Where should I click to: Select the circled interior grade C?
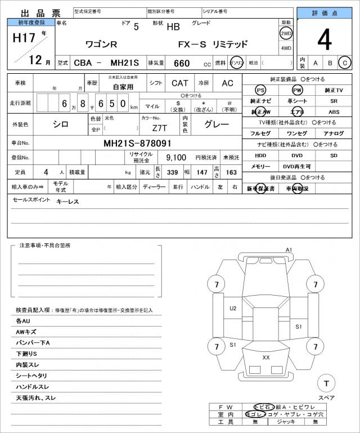point(344,63)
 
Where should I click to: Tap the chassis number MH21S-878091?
point(138,144)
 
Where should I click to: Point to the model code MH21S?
point(125,63)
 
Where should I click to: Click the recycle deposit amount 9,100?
point(177,158)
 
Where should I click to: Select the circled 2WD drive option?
point(286,33)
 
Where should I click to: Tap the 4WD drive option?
point(286,48)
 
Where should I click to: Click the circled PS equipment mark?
point(260,90)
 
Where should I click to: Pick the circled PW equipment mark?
point(297,90)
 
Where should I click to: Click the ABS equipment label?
point(334,112)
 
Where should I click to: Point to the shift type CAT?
point(180,83)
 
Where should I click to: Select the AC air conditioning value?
point(227,83)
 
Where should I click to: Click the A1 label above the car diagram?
point(289,249)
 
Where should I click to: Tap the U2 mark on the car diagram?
point(233,308)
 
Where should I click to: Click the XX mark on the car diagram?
point(266,357)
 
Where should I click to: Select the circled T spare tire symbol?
point(326,384)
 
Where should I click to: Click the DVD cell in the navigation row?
point(296,155)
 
